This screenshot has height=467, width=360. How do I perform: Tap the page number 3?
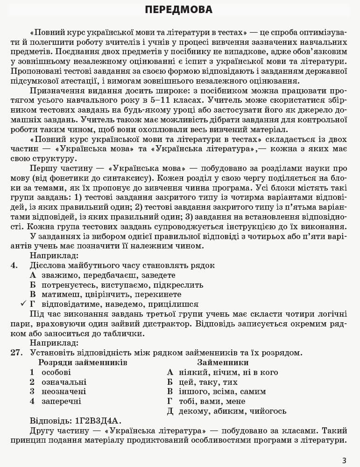pyautogui.click(x=344, y=460)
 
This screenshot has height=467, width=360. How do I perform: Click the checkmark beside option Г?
pyautogui.click(x=23, y=304)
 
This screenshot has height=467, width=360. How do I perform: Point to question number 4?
pyautogui.click(x=14, y=265)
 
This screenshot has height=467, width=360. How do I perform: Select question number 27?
pyautogui.click(x=16, y=353)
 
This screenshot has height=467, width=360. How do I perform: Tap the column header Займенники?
pyautogui.click(x=223, y=362)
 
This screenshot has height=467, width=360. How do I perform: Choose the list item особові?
pyautogui.click(x=56, y=372)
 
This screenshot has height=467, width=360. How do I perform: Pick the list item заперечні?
pyautogui.click(x=61, y=401)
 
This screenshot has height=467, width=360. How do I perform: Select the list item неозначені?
pyautogui.click(x=64, y=391)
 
